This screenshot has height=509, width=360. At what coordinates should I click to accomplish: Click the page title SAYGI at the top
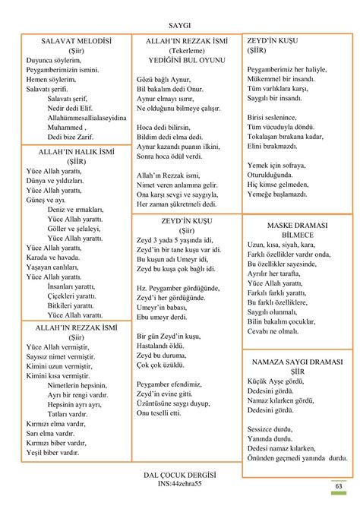click(x=180, y=24)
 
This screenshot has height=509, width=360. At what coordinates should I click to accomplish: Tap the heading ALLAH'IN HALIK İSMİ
click(x=76, y=152)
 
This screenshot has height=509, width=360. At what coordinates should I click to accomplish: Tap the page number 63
click(x=338, y=486)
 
